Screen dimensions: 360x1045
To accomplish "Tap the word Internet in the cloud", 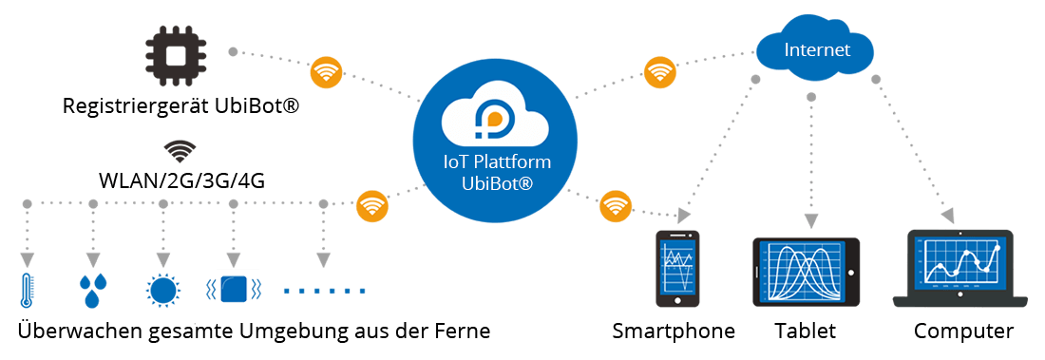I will tap(817, 48).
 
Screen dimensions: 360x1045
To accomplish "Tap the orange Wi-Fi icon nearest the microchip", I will tap(325, 72).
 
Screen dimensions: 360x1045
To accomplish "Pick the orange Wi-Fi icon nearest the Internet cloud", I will tap(657, 72).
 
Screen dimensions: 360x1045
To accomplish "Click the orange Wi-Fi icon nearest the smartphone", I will tap(617, 205).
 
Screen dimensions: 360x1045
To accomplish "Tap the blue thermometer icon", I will tap(26, 290).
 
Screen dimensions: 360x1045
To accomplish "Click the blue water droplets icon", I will tap(92, 290).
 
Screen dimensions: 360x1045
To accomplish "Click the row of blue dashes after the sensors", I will tap(323, 289).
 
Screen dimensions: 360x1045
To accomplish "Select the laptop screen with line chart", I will tap(959, 264).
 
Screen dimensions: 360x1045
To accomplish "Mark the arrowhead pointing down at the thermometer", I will tap(26, 259).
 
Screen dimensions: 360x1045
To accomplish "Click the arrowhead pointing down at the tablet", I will tap(810, 222).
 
